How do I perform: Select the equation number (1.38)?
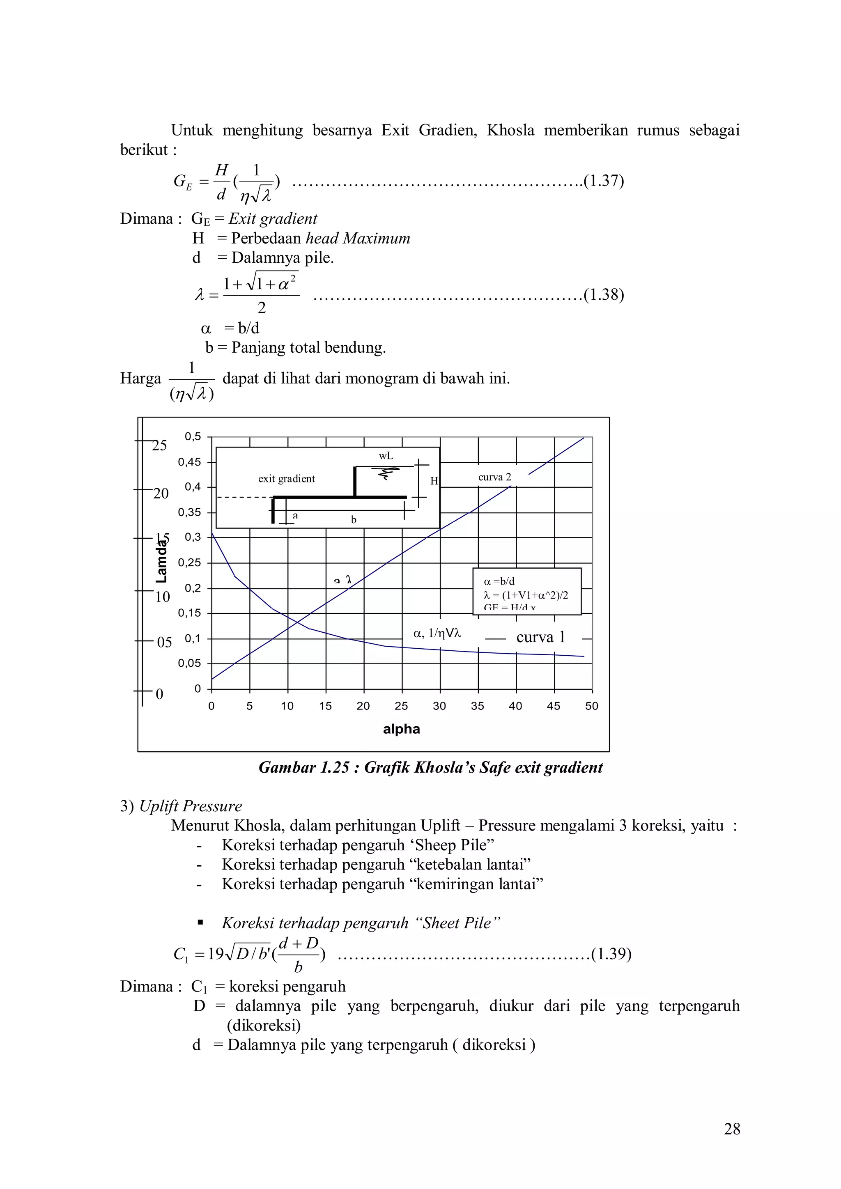tap(604, 295)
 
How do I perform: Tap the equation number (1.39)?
tap(611, 953)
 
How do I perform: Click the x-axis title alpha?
tap(401, 729)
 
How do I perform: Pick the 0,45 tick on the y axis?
tap(190, 462)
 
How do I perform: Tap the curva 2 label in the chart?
tap(494, 477)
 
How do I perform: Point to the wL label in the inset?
tap(386, 456)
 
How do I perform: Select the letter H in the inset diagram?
tap(434, 481)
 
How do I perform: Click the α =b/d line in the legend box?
tap(499, 581)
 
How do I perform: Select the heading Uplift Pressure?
tap(191, 806)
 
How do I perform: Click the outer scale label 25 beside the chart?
tap(159, 446)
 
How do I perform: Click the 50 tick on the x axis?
tap(591, 706)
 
